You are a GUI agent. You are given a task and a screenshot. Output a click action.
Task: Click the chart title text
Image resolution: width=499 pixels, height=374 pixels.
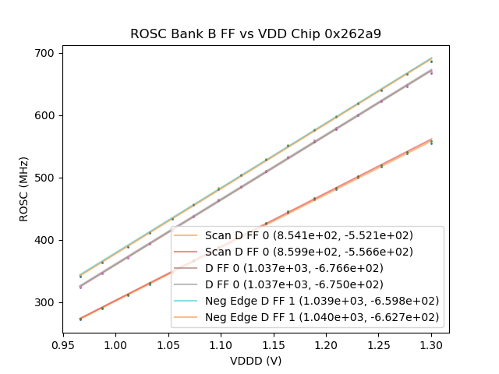tap(255, 34)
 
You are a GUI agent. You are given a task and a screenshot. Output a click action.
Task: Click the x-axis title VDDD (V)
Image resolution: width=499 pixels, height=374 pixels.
tap(255, 361)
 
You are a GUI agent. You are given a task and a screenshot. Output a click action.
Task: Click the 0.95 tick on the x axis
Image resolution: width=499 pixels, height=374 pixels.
tap(62, 344)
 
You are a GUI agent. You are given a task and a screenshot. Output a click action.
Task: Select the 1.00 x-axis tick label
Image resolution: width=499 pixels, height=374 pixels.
tap(115, 344)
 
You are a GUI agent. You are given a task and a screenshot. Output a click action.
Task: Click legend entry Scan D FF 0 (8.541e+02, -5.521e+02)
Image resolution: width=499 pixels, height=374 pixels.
tap(309, 235)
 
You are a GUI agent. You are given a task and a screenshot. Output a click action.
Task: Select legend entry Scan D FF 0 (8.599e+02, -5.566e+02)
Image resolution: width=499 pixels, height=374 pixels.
tap(309, 252)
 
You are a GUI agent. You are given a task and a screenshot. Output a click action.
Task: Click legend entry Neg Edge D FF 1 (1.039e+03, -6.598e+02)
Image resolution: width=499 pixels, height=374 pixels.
tap(322, 301)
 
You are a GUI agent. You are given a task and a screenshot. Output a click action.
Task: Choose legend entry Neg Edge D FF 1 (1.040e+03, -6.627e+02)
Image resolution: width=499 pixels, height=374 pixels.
tap(322, 317)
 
